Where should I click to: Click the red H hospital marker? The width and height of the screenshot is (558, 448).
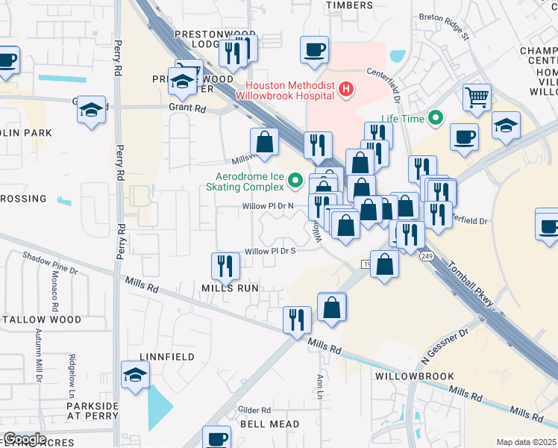point(345,90)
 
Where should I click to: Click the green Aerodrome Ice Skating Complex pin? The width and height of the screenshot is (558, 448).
point(296,181)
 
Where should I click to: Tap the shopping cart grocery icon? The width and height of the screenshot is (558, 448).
point(477,96)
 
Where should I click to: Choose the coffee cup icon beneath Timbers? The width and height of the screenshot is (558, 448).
point(314,49)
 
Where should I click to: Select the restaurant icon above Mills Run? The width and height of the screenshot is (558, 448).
point(225,265)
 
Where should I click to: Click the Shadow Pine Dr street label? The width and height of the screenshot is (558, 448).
point(49,262)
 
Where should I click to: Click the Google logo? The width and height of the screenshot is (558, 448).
point(25,439)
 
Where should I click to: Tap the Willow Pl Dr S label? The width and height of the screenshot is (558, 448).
point(271,251)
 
